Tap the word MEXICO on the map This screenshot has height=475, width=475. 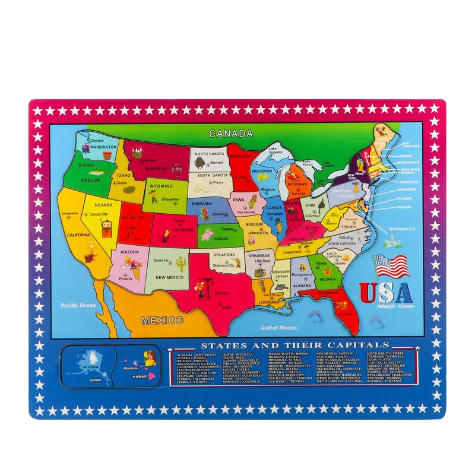161,321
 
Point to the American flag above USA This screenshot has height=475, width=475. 391,267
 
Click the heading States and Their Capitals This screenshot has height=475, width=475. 294,345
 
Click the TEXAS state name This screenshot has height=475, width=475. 221,293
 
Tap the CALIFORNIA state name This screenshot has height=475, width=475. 78,235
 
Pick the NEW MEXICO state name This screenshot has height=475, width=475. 169,277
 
